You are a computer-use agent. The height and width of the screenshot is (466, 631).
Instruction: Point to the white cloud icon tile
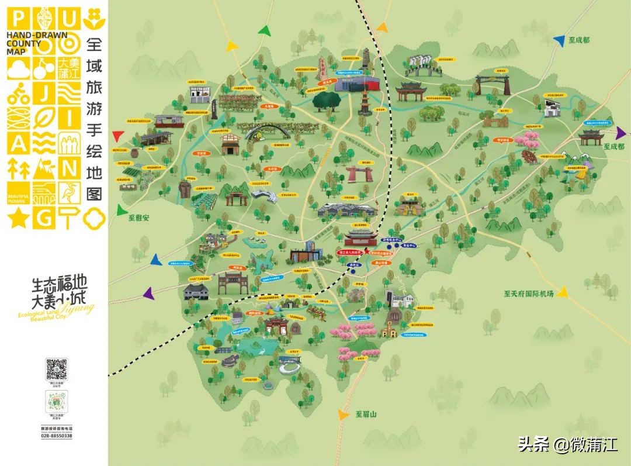(x=17, y=69)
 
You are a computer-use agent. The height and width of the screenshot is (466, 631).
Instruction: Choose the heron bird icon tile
(x=70, y=193)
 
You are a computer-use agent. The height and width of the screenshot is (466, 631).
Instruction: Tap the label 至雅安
(x=139, y=218)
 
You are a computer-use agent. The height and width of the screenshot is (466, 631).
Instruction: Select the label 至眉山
(x=367, y=414)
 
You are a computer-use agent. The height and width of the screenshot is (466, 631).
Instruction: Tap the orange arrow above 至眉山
(x=342, y=414)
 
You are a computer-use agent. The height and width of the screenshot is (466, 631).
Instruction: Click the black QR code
(x=57, y=370)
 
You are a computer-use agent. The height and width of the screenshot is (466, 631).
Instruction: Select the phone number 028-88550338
(x=57, y=436)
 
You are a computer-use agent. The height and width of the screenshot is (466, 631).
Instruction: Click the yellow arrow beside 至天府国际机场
(x=563, y=292)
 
